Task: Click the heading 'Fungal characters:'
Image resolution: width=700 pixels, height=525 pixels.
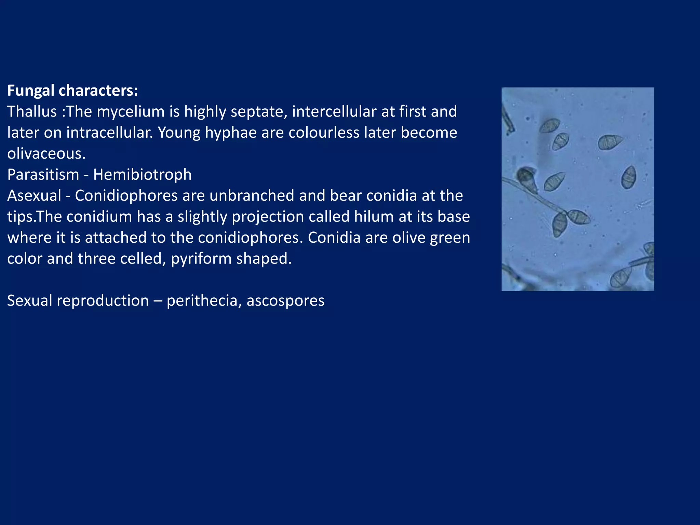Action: (72, 91)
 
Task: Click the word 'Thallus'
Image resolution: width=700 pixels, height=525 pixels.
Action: (32, 111)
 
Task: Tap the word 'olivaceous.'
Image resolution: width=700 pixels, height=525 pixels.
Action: (46, 153)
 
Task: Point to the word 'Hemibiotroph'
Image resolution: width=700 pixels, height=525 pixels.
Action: (142, 175)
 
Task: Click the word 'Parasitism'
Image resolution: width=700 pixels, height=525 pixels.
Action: (43, 175)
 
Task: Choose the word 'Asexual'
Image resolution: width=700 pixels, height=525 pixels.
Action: (34, 196)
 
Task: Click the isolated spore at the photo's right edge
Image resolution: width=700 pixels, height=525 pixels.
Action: (629, 177)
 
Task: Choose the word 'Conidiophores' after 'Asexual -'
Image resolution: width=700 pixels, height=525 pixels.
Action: (126, 196)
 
